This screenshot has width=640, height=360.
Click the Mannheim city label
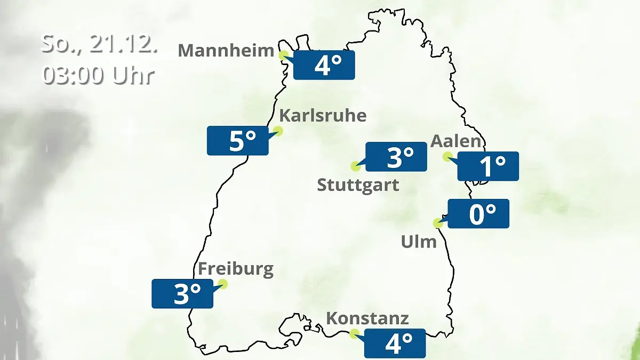(226, 51)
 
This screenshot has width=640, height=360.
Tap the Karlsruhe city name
(323, 115)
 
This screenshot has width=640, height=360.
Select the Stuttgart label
(358, 185)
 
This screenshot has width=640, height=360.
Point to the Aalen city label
(455, 141)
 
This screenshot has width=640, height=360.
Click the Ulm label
(419, 242)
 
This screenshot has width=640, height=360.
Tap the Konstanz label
(367, 318)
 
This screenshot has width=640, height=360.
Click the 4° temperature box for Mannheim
(324, 65)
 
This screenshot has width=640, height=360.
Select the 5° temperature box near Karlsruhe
(237, 141)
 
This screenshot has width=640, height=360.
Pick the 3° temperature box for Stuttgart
(396, 157)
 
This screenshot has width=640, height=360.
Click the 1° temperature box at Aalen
(488, 166)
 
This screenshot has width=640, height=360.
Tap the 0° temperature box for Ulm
(478, 214)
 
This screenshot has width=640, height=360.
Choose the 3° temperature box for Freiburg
(182, 293)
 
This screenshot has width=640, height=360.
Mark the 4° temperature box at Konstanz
(395, 343)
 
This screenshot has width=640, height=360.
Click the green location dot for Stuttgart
(355, 166)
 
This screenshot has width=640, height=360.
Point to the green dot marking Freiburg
(222, 284)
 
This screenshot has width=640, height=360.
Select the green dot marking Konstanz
(354, 334)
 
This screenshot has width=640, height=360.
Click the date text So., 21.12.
(99, 45)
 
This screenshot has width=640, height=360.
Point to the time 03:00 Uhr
(98, 75)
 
